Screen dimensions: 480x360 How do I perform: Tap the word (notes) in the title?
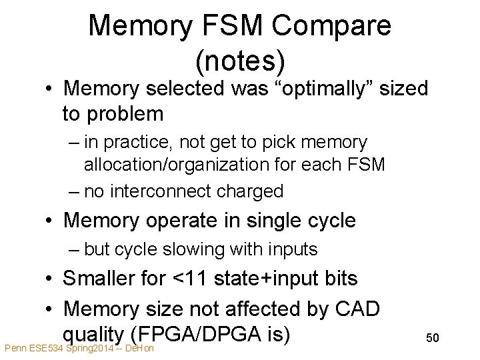[240, 61]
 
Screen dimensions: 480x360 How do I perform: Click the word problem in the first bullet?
[122, 114]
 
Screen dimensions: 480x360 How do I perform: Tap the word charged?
[249, 191]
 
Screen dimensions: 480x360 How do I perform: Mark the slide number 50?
[433, 338]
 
